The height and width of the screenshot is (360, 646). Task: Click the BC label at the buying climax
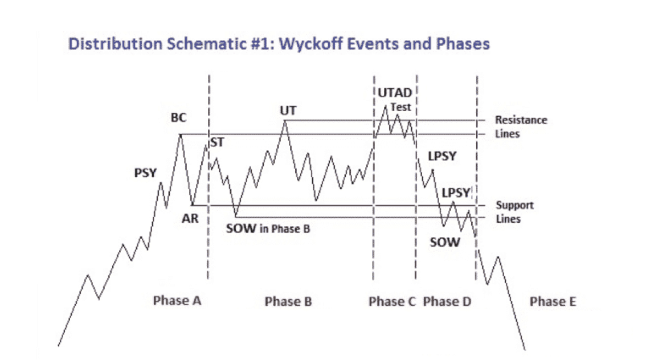tap(178, 118)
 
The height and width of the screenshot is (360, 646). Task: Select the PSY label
tap(145, 173)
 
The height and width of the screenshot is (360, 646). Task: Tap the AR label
tap(190, 218)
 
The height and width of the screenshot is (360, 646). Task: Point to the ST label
tap(217, 142)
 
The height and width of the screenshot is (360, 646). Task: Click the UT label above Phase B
tap(288, 111)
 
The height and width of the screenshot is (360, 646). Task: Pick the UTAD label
tap(395, 93)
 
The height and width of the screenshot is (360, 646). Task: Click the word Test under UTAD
tap(400, 107)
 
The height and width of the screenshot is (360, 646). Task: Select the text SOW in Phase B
tap(268, 228)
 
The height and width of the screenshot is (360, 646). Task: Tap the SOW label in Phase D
tap(444, 242)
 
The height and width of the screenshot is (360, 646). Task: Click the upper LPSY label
tap(442, 157)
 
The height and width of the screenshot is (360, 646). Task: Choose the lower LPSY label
tap(456, 193)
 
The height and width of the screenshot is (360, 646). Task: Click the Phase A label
tap(177, 301)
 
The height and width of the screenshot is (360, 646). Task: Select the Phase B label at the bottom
tap(288, 301)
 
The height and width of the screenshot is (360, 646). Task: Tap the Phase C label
tap(392, 301)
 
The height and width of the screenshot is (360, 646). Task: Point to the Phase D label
tap(447, 301)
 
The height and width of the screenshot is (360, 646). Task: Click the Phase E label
tap(553, 301)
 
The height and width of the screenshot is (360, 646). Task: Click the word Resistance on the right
tap(521, 120)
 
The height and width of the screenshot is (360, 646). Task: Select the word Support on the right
tap(514, 205)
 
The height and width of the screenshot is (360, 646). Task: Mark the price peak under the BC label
tap(180, 134)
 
